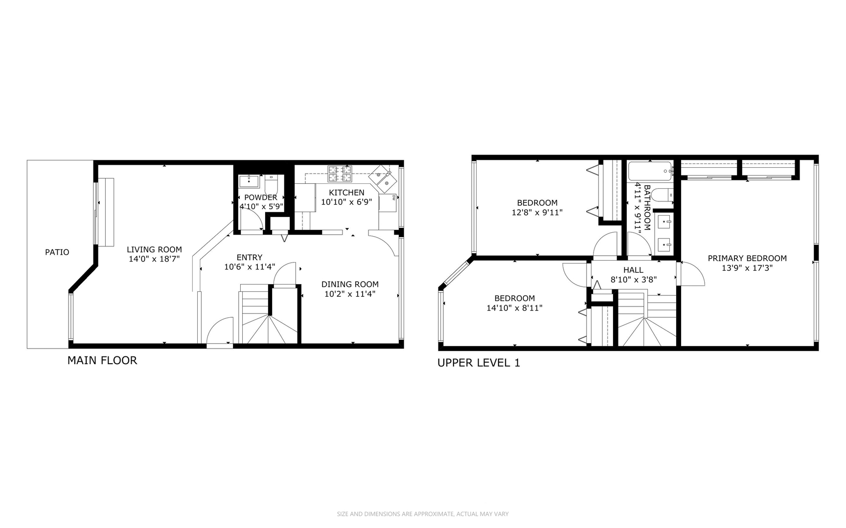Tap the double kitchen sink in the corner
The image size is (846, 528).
coord(383,178)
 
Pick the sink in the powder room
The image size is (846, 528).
coord(250,181)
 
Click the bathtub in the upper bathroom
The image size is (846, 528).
coord(650,171)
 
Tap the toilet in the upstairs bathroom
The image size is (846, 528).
coord(662,196)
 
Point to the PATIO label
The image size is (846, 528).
coord(57,252)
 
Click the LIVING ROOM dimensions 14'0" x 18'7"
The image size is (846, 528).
coord(155,259)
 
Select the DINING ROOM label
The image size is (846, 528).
coord(350,284)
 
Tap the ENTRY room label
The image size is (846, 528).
coord(250,257)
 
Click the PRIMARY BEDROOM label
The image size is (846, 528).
coord(747,258)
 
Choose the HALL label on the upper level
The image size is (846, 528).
coord(633,270)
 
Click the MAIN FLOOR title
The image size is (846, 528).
coord(102,360)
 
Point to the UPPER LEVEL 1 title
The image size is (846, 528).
coord(479,363)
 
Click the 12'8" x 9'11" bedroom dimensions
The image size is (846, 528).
coord(537,213)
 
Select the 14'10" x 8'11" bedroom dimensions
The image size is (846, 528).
coord(514,308)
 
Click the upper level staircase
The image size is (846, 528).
coord(647,318)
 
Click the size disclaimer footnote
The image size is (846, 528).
coord(423,514)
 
